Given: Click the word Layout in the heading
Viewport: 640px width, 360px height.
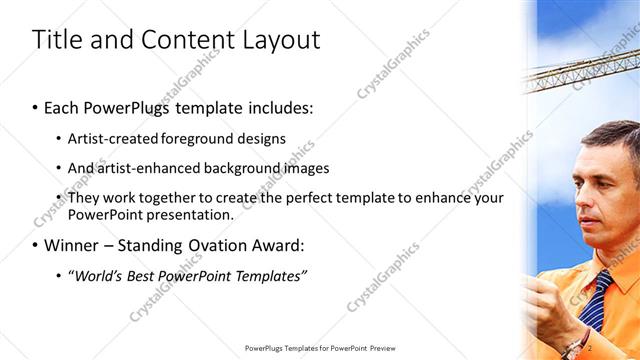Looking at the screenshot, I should [x=282, y=40].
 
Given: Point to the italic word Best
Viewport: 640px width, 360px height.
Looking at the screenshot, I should [x=145, y=275].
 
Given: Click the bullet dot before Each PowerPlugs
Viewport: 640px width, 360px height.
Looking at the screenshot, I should [x=36, y=107].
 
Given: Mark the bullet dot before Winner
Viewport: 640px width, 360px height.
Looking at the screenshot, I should [x=36, y=244].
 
